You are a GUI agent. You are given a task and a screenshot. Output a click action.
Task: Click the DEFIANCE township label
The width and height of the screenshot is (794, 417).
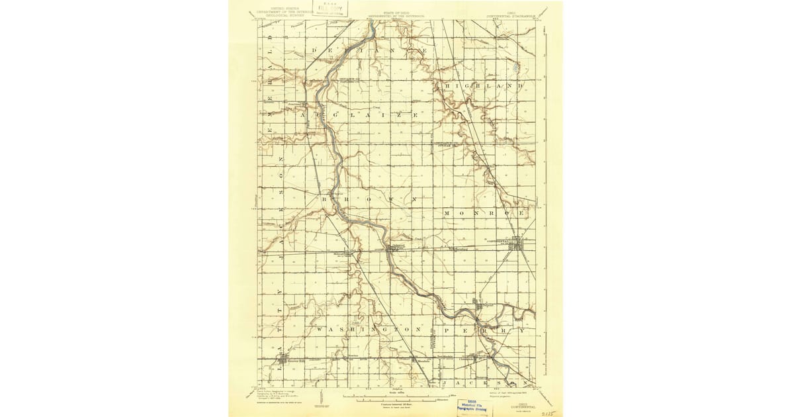point(371,50)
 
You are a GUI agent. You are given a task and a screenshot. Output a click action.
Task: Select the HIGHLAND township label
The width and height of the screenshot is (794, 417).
point(485,86)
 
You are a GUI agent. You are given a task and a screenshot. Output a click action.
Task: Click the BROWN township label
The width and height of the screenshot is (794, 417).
point(371,199)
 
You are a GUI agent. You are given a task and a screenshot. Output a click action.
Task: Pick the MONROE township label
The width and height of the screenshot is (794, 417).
point(485,213)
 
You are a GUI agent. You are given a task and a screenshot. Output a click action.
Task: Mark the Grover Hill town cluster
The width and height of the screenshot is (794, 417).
point(285,360)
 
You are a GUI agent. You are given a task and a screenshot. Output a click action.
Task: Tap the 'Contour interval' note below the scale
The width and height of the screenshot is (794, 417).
point(396,402)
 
